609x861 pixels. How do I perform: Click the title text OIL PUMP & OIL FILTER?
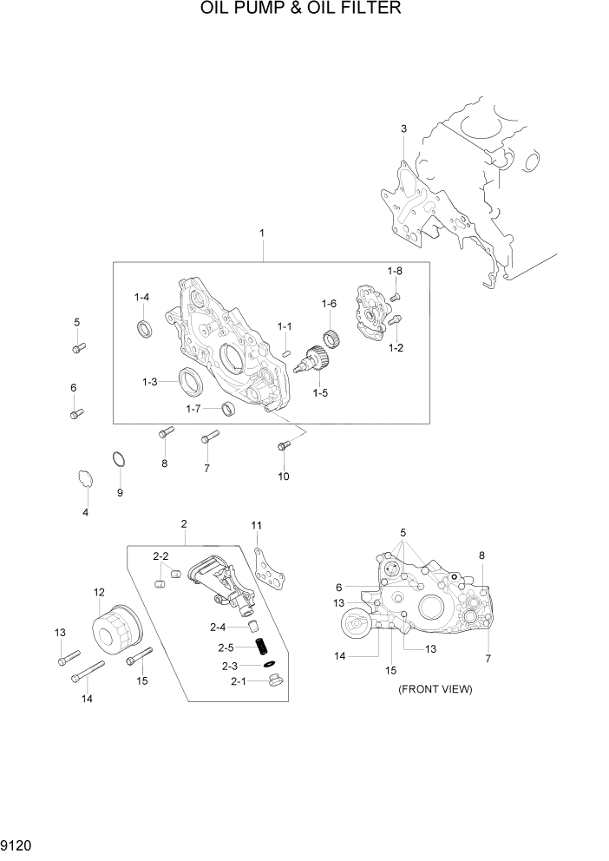[300, 10]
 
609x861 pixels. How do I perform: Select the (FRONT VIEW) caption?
[435, 689]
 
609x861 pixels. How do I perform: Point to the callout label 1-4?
[141, 298]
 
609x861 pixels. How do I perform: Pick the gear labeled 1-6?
[330, 338]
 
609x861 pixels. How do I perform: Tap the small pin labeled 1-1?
[285, 352]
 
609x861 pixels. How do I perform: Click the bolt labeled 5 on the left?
[76, 348]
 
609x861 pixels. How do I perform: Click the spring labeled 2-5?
[257, 646]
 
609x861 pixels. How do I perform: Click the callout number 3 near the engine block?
[403, 129]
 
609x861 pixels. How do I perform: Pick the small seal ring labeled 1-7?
[228, 408]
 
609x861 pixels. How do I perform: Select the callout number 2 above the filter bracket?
[184, 523]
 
